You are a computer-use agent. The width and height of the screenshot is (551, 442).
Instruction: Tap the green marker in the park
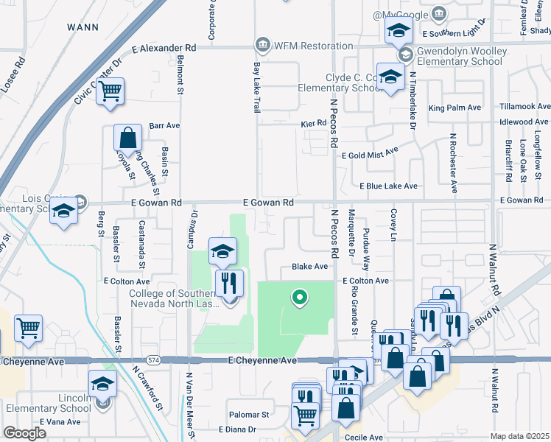click(299, 298)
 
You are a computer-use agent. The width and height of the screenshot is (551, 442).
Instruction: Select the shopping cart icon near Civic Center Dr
click(110, 91)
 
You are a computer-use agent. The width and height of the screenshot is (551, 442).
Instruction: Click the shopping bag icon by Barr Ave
click(127, 138)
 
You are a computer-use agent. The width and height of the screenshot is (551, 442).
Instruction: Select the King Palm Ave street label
click(455, 108)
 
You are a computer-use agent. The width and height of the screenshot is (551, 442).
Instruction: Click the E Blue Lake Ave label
click(389, 186)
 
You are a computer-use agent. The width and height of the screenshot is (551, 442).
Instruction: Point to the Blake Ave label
click(309, 267)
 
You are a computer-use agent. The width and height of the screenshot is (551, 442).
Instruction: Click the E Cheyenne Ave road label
click(262, 360)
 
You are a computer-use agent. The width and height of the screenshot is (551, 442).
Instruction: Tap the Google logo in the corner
click(24, 433)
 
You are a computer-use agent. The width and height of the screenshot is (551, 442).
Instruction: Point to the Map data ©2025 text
click(520, 436)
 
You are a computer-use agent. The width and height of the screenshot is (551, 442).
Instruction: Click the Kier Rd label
click(313, 123)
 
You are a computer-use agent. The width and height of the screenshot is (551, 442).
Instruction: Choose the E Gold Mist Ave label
click(370, 153)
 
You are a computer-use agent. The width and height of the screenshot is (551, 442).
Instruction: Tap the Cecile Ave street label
click(364, 438)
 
